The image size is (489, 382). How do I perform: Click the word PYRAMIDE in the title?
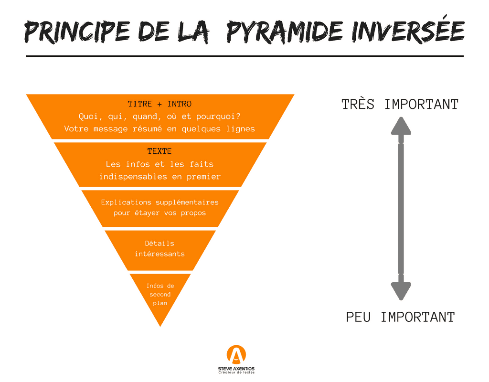point(285,32)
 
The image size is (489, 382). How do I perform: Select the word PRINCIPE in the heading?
point(77,32)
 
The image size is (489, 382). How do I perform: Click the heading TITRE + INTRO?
point(159,104)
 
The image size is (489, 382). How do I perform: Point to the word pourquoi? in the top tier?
point(218,117)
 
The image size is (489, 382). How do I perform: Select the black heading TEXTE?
point(159,151)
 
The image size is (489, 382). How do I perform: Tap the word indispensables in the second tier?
point(133,177)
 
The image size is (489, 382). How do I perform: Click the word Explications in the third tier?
point(126,202)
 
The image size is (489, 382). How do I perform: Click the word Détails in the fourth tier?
point(159,243)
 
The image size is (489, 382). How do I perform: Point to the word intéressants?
point(159,254)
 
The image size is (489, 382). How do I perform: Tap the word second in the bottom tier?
point(160,294)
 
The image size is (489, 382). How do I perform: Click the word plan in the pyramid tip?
point(160,303)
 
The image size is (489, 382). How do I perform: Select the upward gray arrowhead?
point(401,126)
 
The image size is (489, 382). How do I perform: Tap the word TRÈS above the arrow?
point(358,104)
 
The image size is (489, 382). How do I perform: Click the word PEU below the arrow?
point(358,317)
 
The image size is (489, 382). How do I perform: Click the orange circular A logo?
point(236,355)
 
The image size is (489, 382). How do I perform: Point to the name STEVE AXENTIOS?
point(236,369)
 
